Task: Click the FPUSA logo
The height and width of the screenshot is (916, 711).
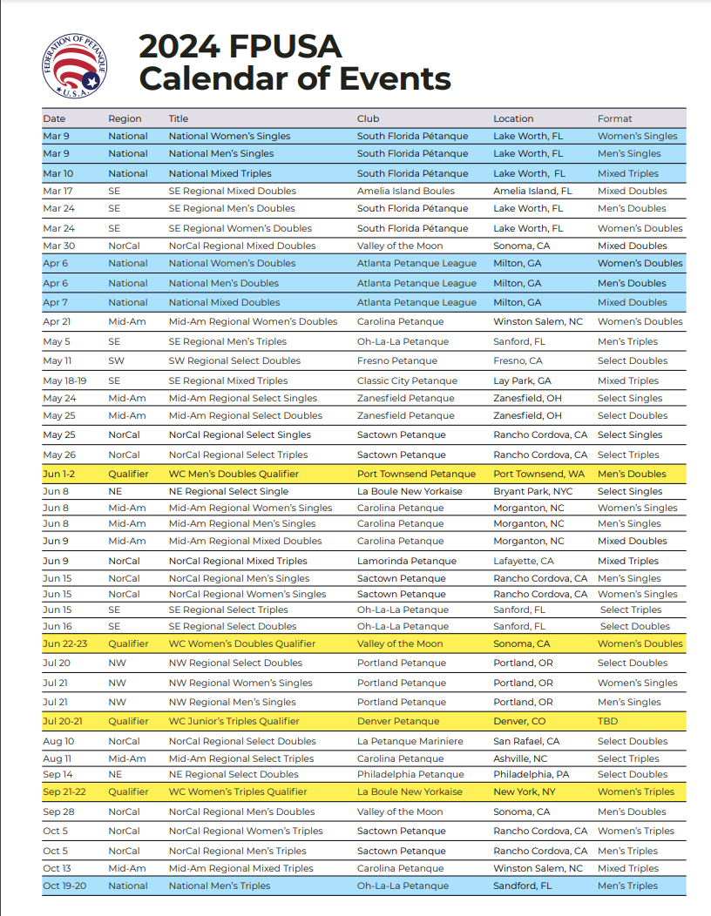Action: [76, 66]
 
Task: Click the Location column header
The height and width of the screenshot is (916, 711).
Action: [513, 118]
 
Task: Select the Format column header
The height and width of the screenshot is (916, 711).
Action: [614, 118]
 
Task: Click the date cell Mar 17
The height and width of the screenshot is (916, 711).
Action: [58, 191]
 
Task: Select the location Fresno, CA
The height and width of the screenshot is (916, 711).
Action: [518, 360]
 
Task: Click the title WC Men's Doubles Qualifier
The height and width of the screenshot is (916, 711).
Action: [234, 474]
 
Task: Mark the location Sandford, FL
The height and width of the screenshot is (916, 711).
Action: [522, 886]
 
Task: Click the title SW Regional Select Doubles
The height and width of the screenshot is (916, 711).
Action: [234, 360]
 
